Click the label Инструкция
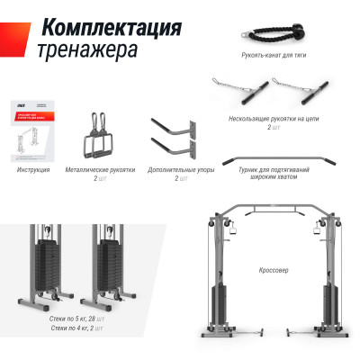click(x=32, y=168)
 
